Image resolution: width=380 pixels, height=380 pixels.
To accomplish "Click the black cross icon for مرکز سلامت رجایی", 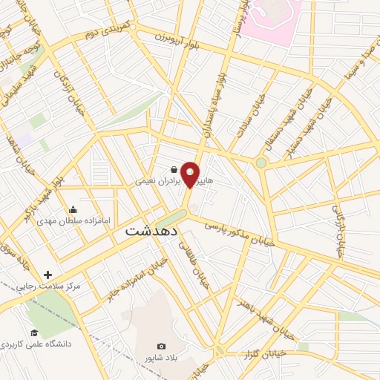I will click(x=47, y=275).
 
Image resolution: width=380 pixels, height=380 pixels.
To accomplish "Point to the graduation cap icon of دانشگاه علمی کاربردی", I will click(x=33, y=332).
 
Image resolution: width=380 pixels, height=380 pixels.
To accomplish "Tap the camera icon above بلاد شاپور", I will click(x=162, y=346).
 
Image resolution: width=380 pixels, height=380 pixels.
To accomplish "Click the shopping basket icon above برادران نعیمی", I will click(x=173, y=169).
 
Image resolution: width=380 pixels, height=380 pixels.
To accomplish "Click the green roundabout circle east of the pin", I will click(x=261, y=163).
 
